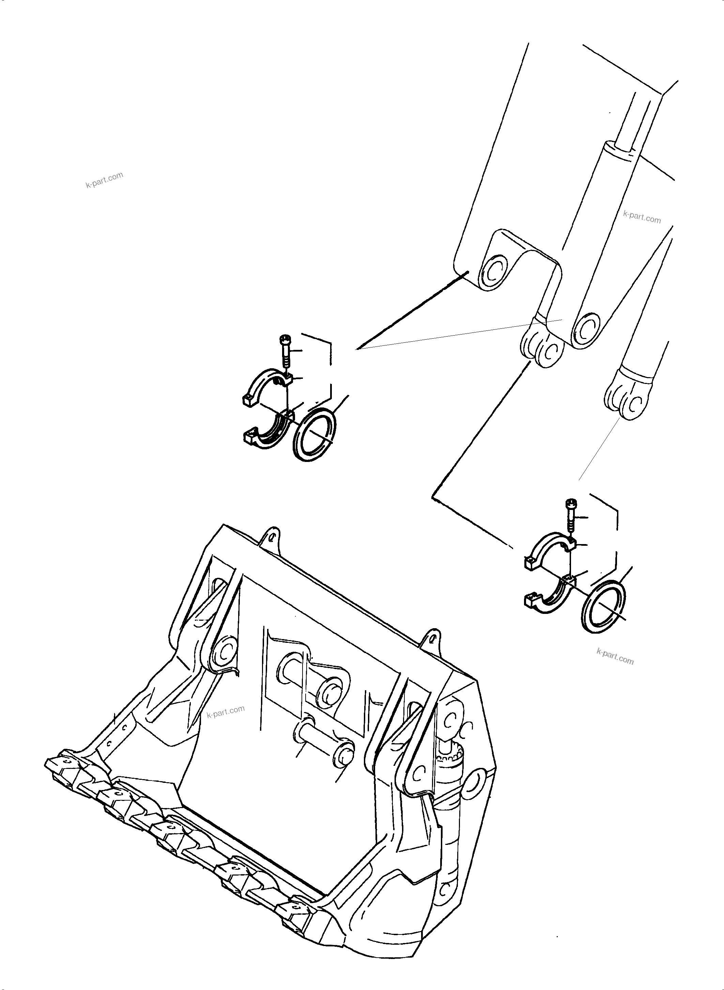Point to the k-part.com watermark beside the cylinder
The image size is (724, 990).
pyautogui.click(x=642, y=216)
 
